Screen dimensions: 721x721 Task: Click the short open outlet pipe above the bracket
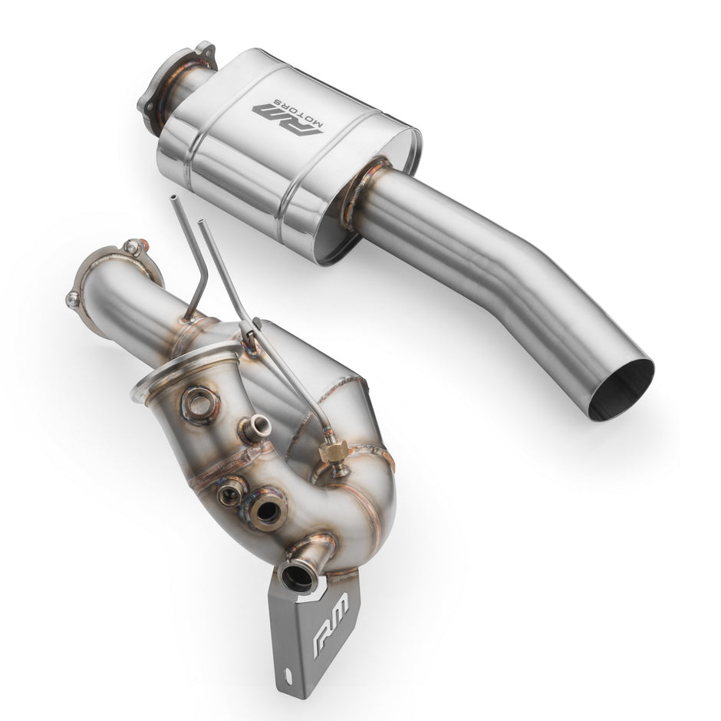(x=298, y=574)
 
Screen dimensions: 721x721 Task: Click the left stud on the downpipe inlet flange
(x=73, y=299)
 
